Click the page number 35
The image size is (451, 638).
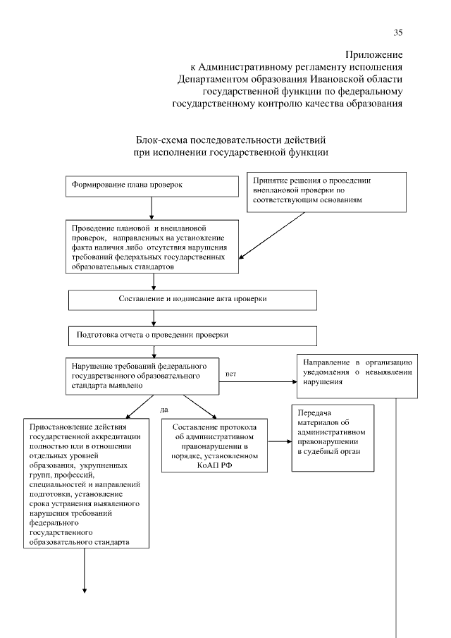397,32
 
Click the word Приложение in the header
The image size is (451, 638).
373,54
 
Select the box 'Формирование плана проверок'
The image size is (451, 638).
152,186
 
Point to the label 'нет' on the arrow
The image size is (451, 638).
230,373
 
